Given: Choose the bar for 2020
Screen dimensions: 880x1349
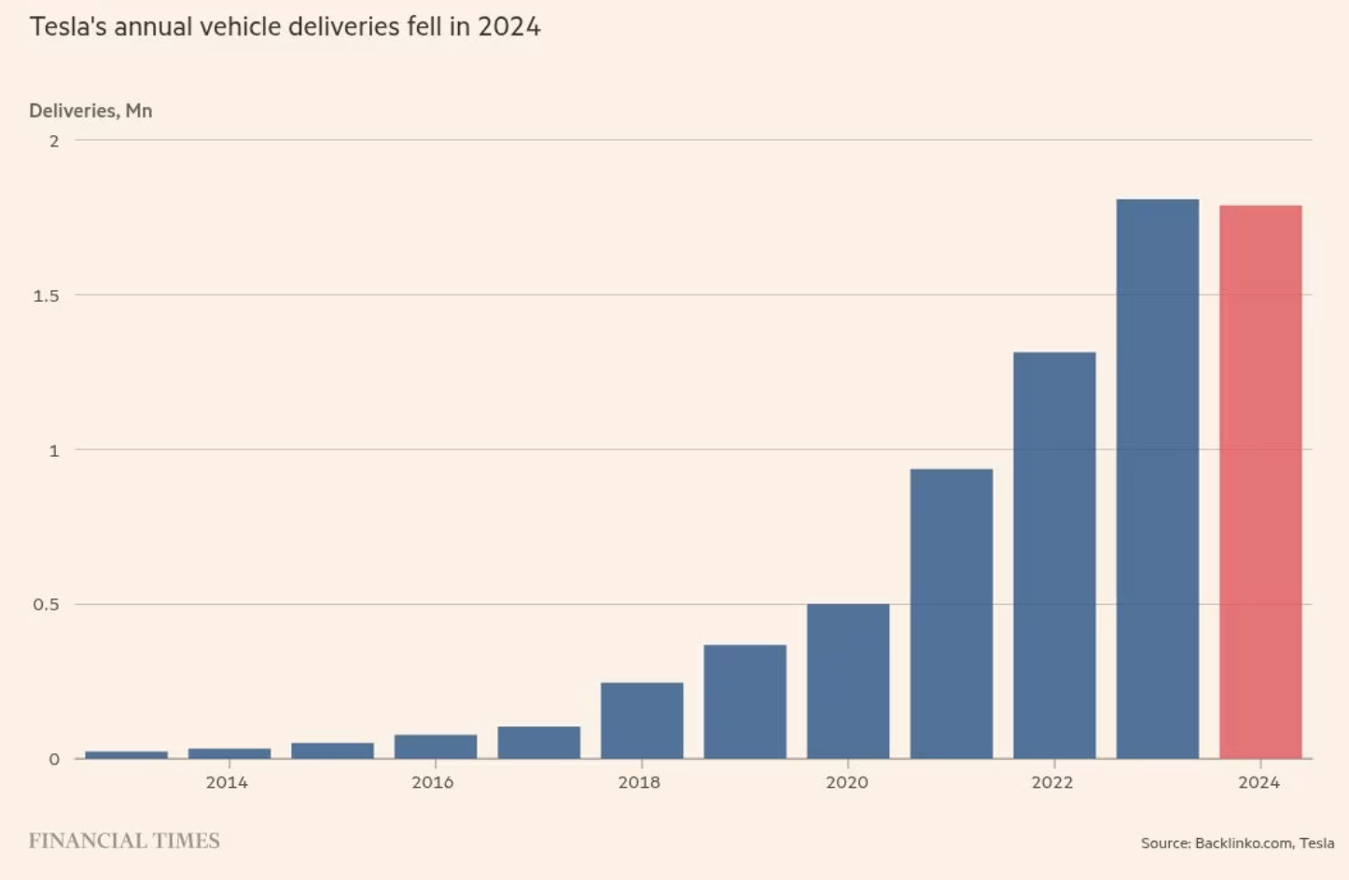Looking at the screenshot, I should tap(848, 681).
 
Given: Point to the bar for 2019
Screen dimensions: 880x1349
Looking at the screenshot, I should tap(744, 701).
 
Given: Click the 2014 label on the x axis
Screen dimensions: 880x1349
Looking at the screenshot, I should tap(227, 782).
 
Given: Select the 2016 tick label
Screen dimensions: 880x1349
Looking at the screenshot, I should tap(433, 782).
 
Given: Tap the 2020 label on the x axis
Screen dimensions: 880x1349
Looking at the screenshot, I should tap(846, 782).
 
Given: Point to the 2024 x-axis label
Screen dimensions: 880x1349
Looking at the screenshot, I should tap(1259, 782).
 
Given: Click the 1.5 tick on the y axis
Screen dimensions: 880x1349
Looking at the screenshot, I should tap(46, 296).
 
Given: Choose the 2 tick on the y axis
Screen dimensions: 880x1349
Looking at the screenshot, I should tap(54, 141).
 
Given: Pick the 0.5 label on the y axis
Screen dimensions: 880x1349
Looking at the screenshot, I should tap(46, 604).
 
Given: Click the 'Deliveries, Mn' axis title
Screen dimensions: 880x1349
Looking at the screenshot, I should tap(90, 111).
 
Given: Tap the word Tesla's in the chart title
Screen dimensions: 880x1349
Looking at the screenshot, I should tap(68, 26).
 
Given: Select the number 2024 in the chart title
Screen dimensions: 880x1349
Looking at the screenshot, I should tap(509, 26).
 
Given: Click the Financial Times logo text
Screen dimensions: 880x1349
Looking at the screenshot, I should tap(124, 841).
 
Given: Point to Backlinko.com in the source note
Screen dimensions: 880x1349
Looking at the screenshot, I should tap(1243, 843).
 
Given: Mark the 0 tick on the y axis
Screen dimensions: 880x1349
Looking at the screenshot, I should tap(54, 759).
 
